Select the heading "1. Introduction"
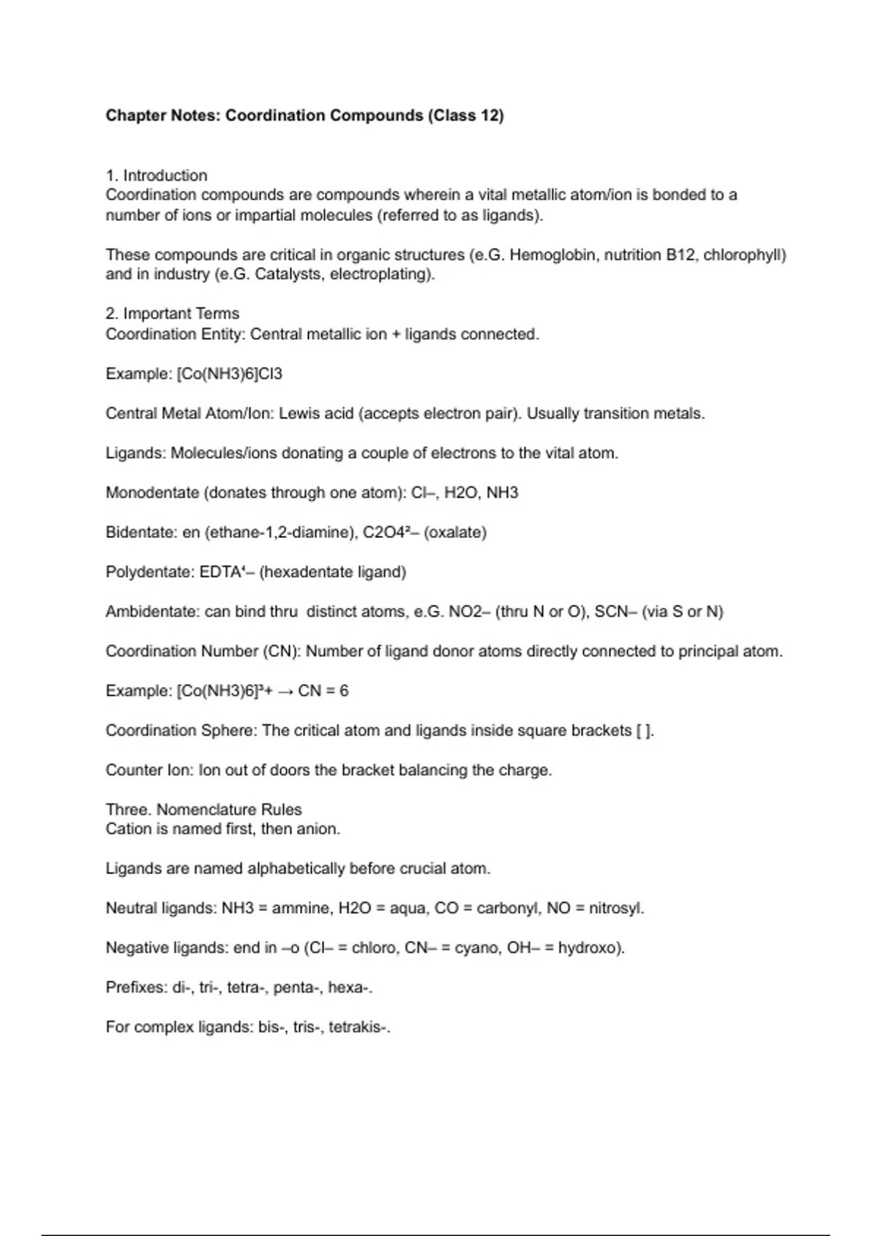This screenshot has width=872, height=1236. pos(156,175)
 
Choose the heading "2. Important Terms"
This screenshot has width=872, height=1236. pos(172,313)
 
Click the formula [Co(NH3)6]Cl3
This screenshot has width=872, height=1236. pos(230,374)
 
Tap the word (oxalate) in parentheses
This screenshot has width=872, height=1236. pos(455,532)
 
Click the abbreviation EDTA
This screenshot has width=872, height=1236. pos(220,572)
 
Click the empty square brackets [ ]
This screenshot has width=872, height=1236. pos(645,731)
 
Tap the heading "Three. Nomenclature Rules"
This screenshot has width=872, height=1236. pos(203,809)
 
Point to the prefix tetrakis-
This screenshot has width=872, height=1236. pos(358,1027)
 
